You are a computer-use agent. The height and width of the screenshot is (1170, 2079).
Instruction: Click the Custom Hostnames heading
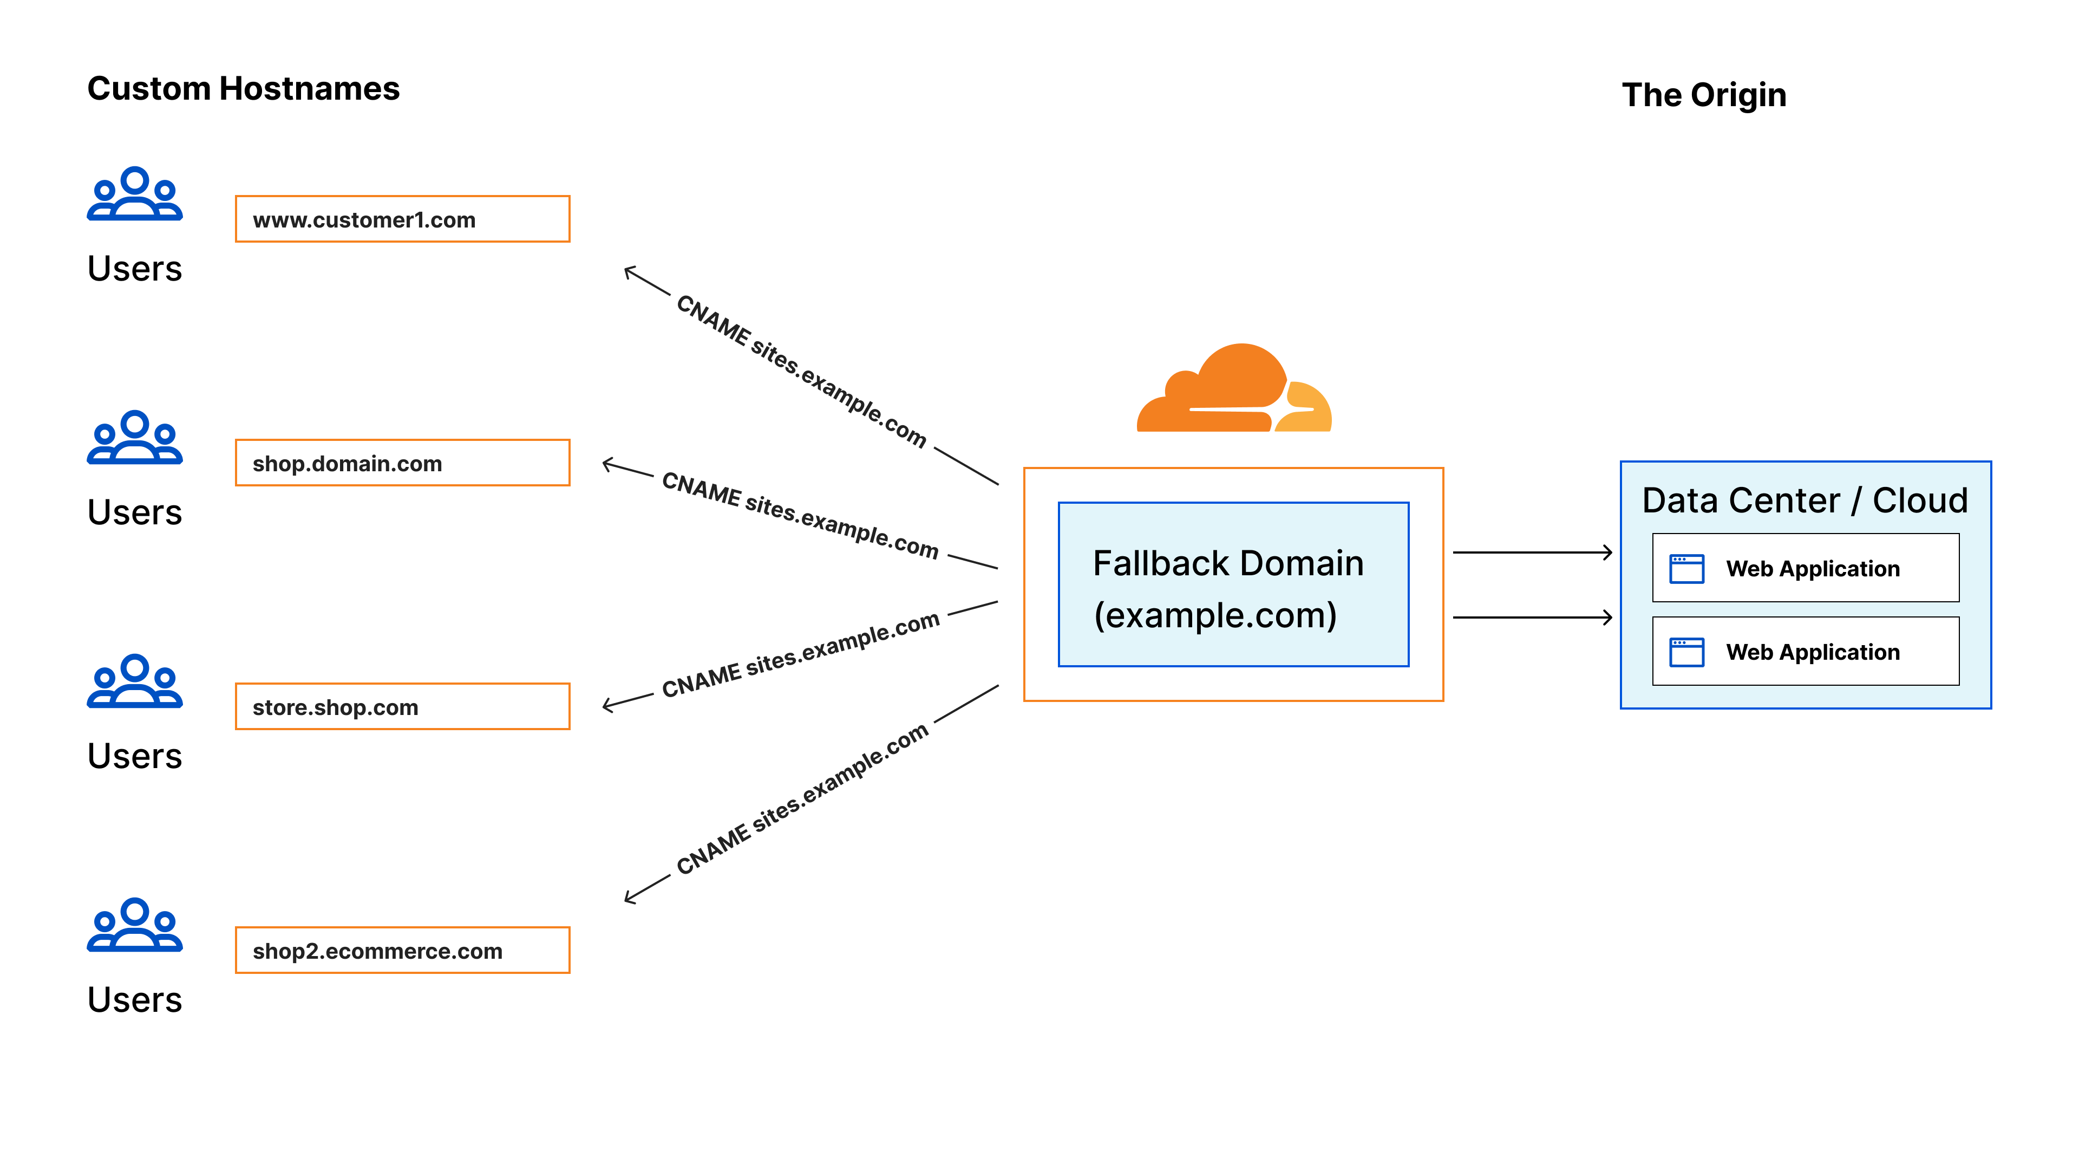point(243,89)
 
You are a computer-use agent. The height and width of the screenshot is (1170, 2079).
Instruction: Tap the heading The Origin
point(1704,95)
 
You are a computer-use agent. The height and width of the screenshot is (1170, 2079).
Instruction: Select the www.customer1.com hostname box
point(402,219)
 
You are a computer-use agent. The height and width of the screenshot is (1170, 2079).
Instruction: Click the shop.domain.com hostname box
point(402,463)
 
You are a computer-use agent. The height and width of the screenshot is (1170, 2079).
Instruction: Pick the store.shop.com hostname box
point(402,706)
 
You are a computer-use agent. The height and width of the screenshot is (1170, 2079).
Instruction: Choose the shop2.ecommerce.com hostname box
point(402,951)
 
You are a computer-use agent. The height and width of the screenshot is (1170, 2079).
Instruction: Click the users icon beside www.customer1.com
point(135,194)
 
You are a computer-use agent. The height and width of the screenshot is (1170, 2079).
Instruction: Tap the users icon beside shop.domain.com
point(135,438)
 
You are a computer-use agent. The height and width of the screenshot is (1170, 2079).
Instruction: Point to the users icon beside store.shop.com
point(135,681)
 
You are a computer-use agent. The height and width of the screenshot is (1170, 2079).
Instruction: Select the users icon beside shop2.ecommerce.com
point(135,925)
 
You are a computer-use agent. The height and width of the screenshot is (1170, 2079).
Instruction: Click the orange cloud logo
point(1233,389)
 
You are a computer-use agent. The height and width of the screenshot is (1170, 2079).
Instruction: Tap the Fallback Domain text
point(1227,563)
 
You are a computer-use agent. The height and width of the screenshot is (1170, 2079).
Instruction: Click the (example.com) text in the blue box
point(1214,615)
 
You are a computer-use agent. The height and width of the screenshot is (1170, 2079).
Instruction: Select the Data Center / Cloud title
point(1805,500)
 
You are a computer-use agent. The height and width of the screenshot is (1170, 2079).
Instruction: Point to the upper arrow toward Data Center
point(1531,553)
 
